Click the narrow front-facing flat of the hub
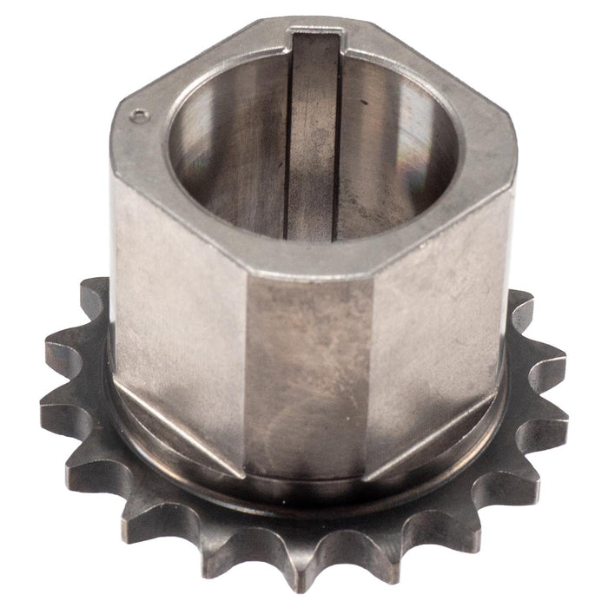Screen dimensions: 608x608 [x=304, y=373]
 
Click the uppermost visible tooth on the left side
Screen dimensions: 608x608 [x=95, y=295]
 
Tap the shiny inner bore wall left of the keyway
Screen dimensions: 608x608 [x=230, y=156]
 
